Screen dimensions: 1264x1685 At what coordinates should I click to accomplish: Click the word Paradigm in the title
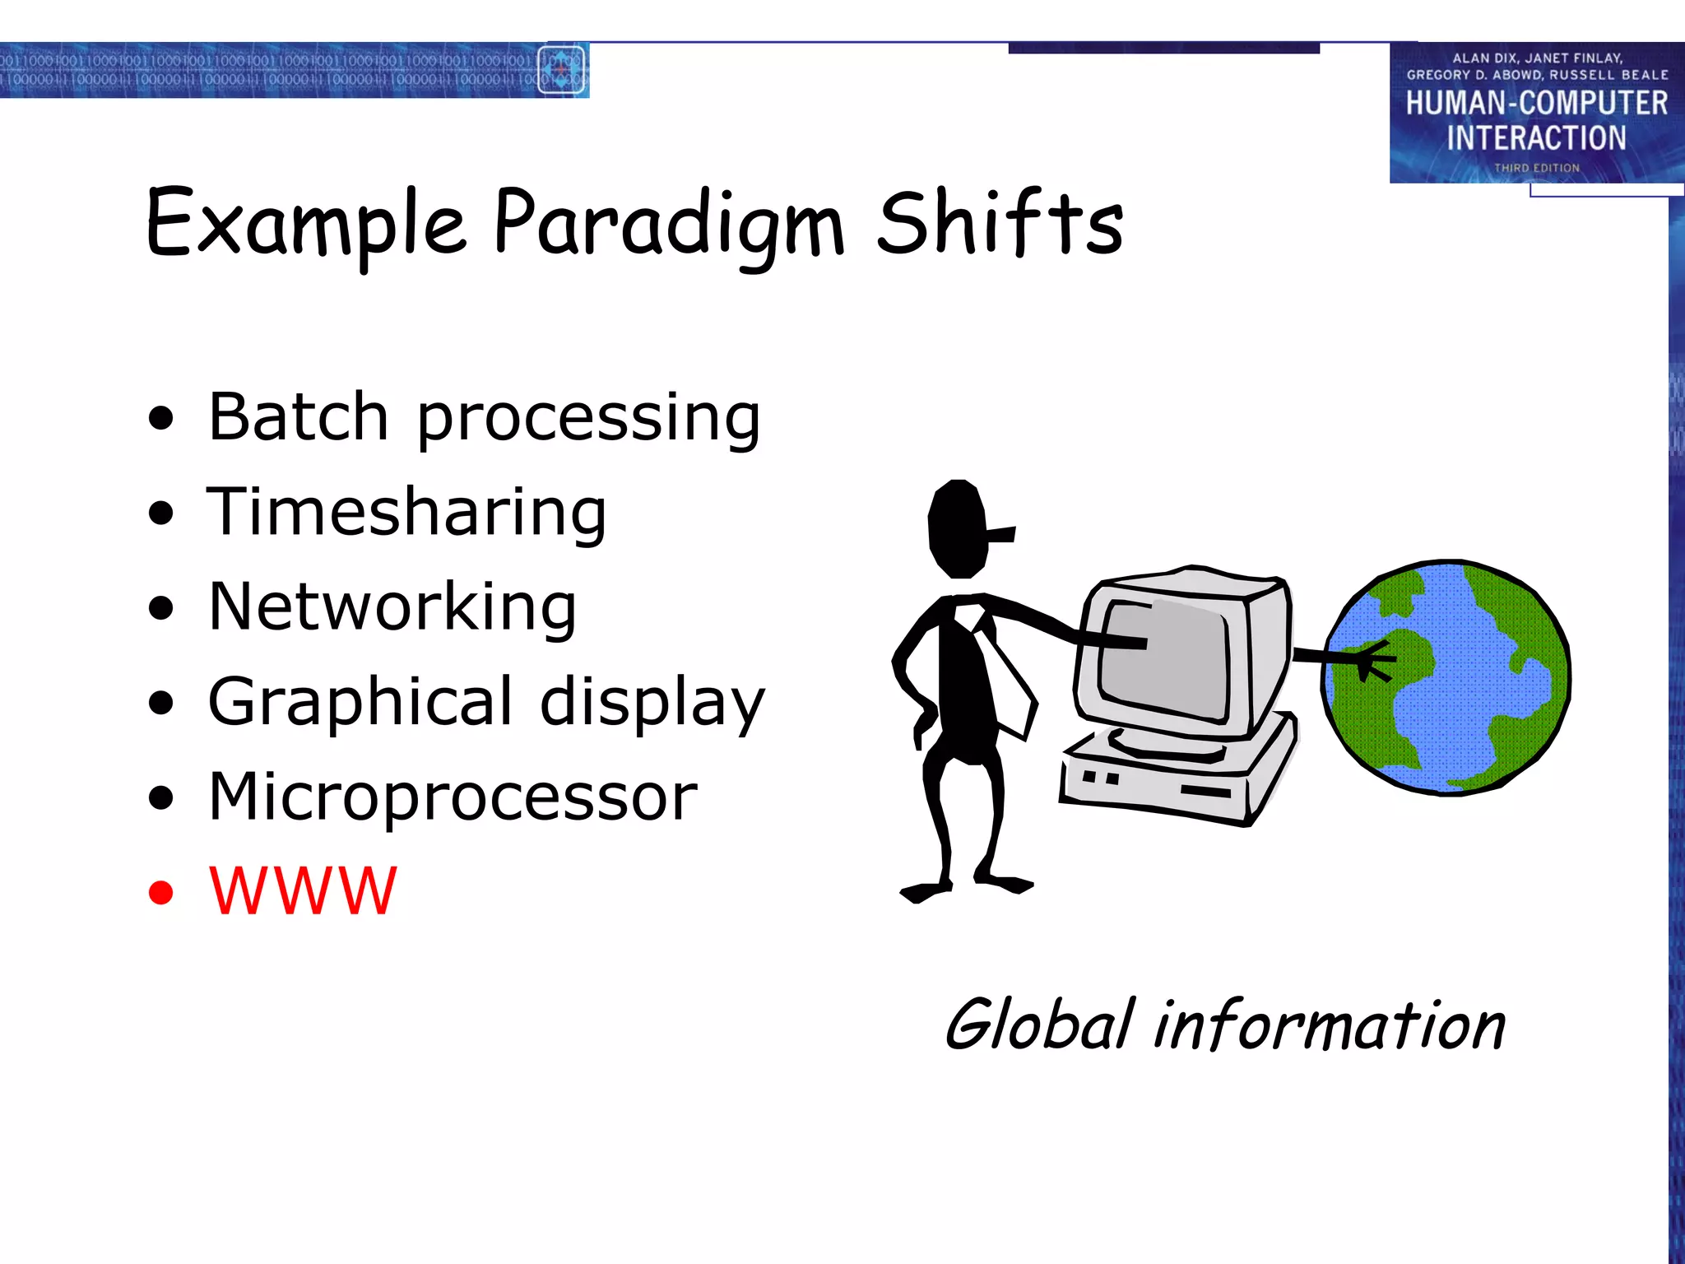(x=668, y=224)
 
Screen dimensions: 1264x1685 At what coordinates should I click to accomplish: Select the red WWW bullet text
(x=303, y=891)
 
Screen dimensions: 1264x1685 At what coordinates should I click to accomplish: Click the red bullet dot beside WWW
(x=161, y=892)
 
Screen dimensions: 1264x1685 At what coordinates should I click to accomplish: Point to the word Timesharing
(x=406, y=512)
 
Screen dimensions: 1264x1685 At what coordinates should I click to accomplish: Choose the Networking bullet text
(x=392, y=606)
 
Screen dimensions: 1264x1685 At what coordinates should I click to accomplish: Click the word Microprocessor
(x=453, y=797)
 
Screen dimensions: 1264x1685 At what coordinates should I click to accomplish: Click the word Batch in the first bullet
(x=298, y=417)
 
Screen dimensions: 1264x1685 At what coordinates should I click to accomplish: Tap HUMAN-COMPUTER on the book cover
(x=1536, y=104)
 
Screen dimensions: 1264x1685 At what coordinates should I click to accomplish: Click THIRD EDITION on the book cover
(x=1537, y=168)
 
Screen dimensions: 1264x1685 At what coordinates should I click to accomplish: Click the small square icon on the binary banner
(x=561, y=70)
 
